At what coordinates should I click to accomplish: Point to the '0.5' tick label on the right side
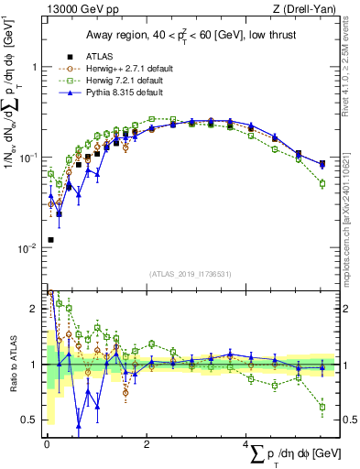pos(346,420)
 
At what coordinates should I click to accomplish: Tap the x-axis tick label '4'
pos(246,446)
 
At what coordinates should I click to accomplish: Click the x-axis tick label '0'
pos(47,446)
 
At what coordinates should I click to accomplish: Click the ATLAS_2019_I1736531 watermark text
pos(190,274)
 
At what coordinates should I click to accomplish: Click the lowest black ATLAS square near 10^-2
pos(49,240)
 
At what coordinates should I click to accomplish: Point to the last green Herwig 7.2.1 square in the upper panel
pos(322,183)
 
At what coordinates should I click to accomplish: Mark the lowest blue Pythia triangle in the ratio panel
pos(79,425)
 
